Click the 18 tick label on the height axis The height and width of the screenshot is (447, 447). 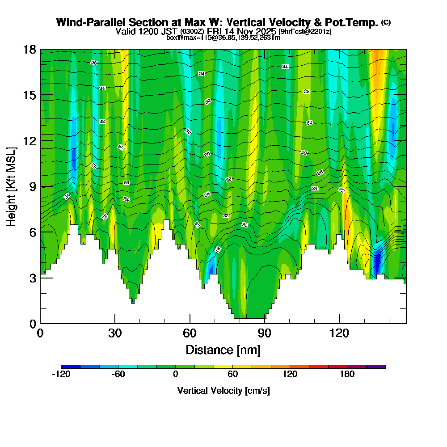point(30,49)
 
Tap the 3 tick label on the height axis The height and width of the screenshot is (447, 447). point(32,278)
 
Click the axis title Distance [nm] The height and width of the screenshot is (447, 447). point(223,349)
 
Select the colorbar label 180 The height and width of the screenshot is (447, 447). point(347,375)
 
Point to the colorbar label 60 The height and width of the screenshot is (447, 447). point(232,375)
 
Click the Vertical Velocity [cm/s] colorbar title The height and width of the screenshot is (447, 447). point(223,391)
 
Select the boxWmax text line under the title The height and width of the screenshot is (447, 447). point(223,38)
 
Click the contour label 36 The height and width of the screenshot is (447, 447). point(93,63)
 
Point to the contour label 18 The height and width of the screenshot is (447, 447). point(218,249)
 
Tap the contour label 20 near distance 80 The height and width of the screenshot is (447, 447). point(244,224)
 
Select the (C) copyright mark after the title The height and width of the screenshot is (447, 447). point(386,22)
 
